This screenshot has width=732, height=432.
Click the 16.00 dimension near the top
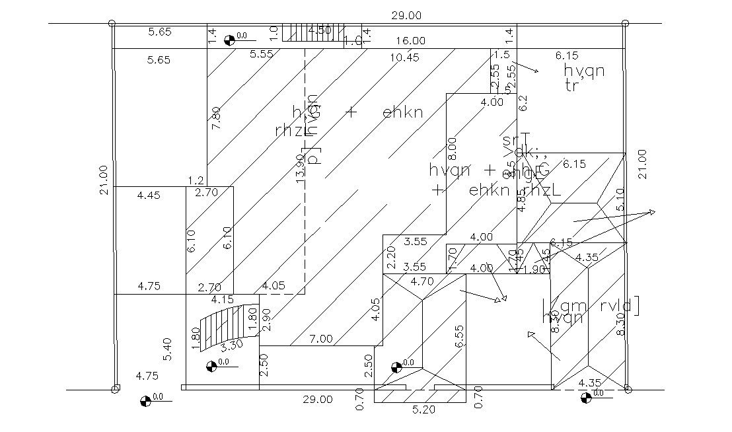411,41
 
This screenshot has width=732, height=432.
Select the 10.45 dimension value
404,57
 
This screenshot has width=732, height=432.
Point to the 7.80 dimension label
215,118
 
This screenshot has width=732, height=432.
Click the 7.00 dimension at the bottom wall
320,339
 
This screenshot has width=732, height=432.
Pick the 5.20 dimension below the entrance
423,410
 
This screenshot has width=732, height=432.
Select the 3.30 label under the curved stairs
231,345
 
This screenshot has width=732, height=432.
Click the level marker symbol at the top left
229,40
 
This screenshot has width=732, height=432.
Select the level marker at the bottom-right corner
585,398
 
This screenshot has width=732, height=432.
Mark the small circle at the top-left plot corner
113,23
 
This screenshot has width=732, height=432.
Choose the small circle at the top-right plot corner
624,23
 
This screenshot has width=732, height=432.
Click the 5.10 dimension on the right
619,200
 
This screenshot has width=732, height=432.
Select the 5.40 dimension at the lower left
167,349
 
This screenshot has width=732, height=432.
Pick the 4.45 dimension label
149,195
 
